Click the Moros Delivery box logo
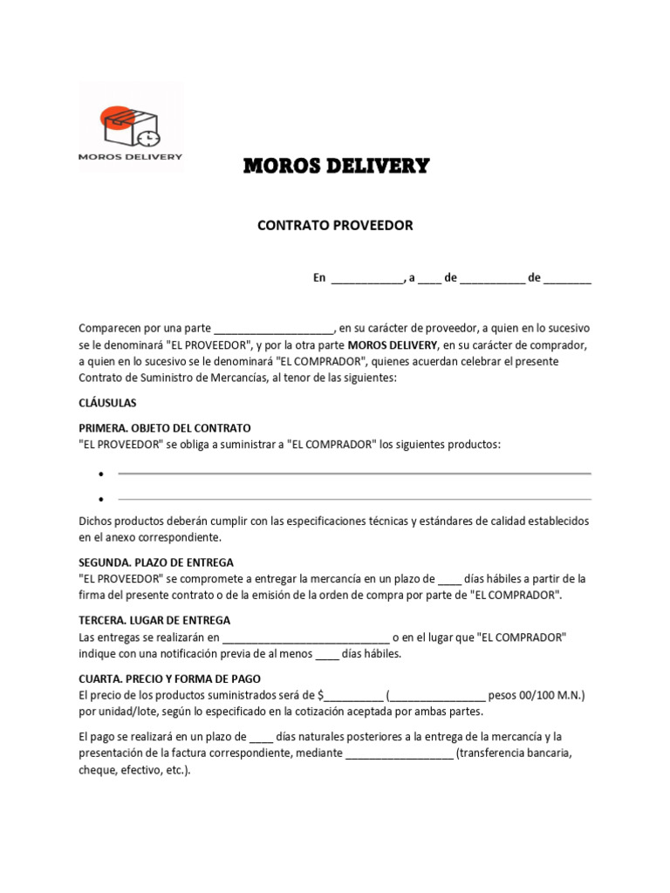coord(131,126)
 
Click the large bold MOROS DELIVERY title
coord(335,166)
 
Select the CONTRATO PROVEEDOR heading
coord(335,225)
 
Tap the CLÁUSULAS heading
coord(107,403)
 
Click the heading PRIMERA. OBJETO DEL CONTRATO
coord(165,428)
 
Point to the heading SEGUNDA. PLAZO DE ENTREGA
coord(156,562)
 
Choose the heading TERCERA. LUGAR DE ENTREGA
coord(154,620)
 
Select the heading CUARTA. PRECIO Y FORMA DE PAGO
coord(169,678)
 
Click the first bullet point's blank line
coord(354,474)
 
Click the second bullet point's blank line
coord(354,499)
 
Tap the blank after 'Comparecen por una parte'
coord(274,330)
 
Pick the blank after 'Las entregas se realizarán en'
coord(305,638)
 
